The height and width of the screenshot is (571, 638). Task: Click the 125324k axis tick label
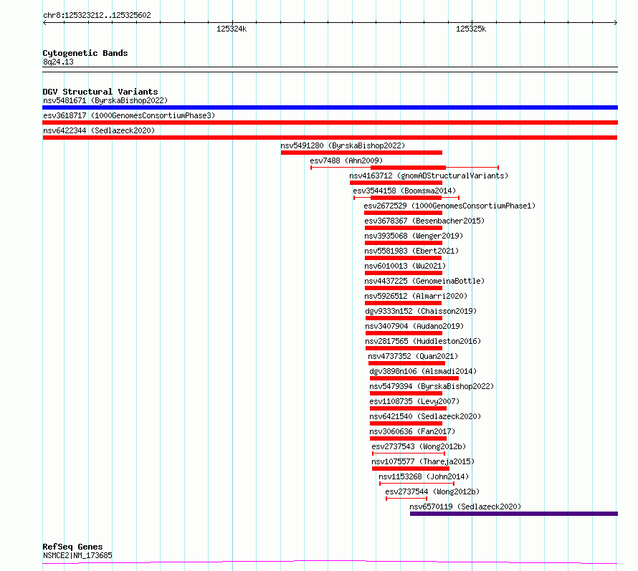pos(232,29)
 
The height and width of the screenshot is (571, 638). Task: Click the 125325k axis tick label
pos(471,29)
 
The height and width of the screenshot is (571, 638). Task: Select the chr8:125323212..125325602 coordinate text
pos(97,15)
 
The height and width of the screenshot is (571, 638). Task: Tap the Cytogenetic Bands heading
pos(85,53)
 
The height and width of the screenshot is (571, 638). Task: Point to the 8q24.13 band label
pos(58,62)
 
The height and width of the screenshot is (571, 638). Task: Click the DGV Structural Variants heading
pos(100,92)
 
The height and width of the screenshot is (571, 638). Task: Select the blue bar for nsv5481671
pos(330,107)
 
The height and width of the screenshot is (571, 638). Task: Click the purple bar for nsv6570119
pos(514,514)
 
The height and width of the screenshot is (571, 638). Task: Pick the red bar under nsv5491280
pos(361,153)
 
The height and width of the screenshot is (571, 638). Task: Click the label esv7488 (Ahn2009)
pos(346,160)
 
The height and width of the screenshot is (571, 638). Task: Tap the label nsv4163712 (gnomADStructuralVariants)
pos(429,176)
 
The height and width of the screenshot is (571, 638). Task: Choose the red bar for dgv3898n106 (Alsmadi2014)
pos(414,378)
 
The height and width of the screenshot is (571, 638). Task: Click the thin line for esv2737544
pos(406,499)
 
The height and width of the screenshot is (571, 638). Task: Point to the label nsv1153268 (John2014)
pos(424,476)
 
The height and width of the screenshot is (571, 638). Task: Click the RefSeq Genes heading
pos(72,547)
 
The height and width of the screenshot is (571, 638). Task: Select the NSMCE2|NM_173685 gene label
pos(77,555)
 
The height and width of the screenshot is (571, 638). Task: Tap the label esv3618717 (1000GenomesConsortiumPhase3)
pos(129,115)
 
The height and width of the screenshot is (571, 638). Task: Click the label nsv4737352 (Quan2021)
pos(413,356)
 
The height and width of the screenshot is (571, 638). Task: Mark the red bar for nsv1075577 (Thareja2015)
pos(411,469)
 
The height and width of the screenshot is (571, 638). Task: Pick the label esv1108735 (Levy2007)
pos(414,401)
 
